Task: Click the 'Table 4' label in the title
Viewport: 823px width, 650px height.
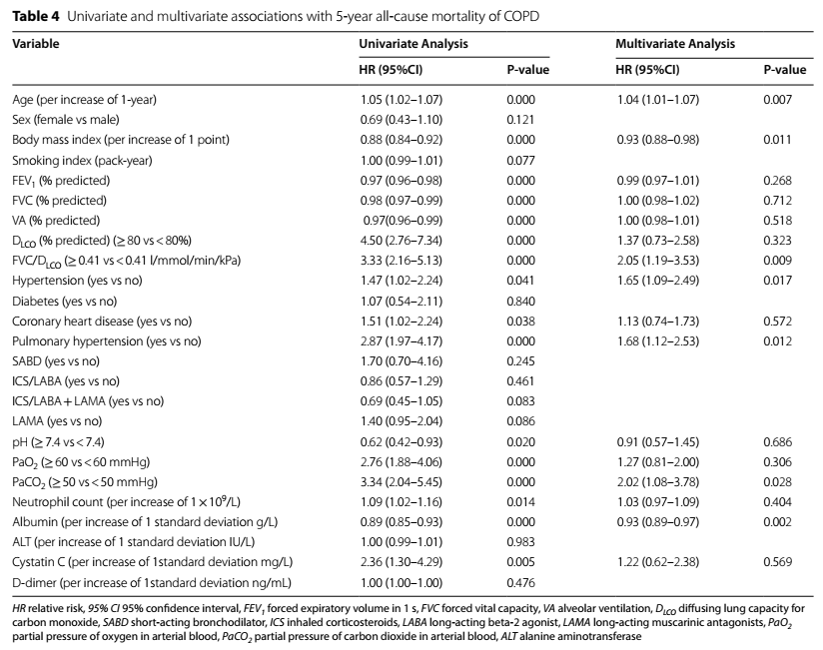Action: pyautogui.click(x=36, y=16)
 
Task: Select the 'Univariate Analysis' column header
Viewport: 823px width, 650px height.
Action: pyautogui.click(x=413, y=44)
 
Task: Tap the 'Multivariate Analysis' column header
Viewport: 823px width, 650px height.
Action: pyautogui.click(x=675, y=44)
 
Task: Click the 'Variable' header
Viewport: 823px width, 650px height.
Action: pyautogui.click(x=36, y=44)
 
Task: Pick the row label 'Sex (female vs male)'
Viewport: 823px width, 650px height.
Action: pyautogui.click(x=66, y=120)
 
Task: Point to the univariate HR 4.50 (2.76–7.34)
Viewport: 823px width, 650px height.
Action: pyautogui.click(x=401, y=241)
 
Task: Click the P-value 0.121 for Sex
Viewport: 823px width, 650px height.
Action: pyautogui.click(x=520, y=120)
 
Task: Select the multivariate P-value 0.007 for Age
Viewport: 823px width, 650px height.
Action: pyautogui.click(x=777, y=100)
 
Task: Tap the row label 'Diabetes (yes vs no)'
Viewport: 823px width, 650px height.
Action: pyautogui.click(x=65, y=302)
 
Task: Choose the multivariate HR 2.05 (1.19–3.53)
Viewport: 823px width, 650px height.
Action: pyautogui.click(x=658, y=261)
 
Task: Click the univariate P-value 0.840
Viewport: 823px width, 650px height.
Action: pyautogui.click(x=520, y=302)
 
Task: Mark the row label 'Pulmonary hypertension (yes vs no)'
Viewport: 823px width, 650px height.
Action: pyautogui.click(x=107, y=341)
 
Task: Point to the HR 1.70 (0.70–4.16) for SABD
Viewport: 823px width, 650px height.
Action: pyautogui.click(x=401, y=360)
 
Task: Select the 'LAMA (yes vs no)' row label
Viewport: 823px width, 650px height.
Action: pyautogui.click(x=57, y=420)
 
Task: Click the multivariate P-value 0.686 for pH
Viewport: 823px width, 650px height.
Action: pyautogui.click(x=777, y=441)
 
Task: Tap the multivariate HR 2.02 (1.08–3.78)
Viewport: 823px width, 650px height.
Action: pyautogui.click(x=658, y=481)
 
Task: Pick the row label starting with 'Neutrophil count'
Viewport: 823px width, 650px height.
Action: pyautogui.click(x=126, y=501)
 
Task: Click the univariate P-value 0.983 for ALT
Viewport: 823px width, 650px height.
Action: pyautogui.click(x=520, y=541)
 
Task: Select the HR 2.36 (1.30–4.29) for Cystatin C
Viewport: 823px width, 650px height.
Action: pyautogui.click(x=401, y=561)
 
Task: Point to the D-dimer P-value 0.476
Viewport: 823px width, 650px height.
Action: pyautogui.click(x=520, y=582)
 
